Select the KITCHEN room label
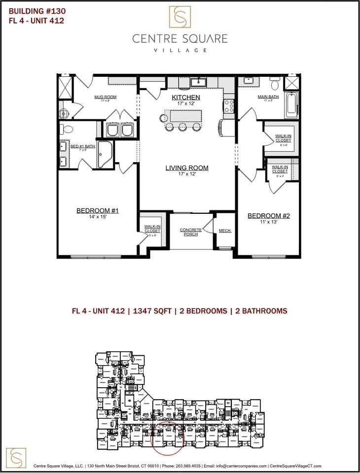click(186, 98)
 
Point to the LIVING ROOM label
click(186, 168)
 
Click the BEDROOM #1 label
click(98, 211)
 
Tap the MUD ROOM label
click(105, 97)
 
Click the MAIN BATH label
click(268, 97)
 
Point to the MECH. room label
click(225, 231)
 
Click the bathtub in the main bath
click(292, 105)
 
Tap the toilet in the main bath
click(275, 80)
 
